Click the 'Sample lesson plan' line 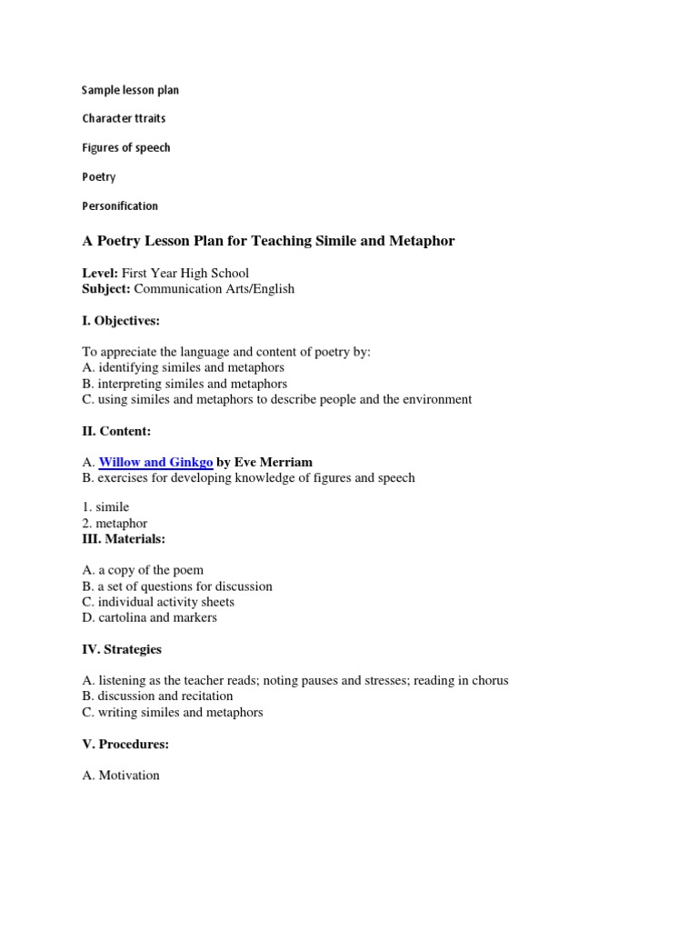coord(130,90)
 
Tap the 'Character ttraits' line coord(124,118)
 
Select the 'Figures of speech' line coord(125,147)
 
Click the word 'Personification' coord(120,205)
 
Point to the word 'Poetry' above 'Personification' coord(99,176)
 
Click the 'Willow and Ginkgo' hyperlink coord(155,463)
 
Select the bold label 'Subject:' coord(106,289)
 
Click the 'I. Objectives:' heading coord(121,321)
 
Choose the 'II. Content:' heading coord(116,431)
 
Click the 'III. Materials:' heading coord(124,539)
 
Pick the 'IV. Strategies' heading coord(122,649)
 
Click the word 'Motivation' coord(129,776)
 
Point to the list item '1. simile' coord(105,507)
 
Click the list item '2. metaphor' coord(115,524)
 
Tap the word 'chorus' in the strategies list coord(489,681)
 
